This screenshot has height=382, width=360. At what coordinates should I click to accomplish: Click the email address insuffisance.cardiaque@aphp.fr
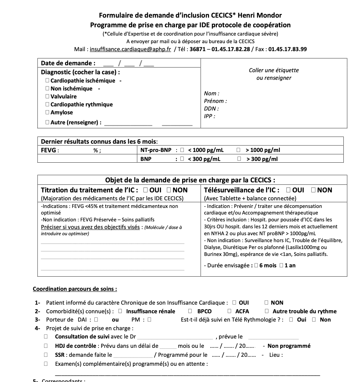point(130,49)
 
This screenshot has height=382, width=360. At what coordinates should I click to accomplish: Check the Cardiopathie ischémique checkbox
point(47,80)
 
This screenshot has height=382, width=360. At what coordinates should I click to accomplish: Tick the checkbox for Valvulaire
point(47,96)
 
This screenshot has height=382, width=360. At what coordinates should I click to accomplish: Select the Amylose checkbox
point(47,112)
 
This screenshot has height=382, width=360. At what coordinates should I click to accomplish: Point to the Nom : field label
point(211,93)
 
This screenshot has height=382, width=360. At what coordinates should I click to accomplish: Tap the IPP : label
point(209,116)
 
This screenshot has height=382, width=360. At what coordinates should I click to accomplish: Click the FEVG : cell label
point(50,150)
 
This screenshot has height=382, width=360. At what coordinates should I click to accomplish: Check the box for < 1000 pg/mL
point(182,150)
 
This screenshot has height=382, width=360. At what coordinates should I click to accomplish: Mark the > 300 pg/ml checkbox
point(239,159)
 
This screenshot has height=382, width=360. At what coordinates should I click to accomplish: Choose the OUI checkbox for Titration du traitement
point(145,190)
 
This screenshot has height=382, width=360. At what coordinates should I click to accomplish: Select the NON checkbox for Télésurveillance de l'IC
point(313,190)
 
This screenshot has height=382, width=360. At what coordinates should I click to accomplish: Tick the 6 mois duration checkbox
point(256,266)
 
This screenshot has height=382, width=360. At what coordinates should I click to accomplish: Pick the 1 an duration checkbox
point(281,266)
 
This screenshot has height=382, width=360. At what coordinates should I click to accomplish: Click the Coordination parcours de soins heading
point(75,289)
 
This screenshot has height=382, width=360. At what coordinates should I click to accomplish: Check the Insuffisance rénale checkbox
point(120,311)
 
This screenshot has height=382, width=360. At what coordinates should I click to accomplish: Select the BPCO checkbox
point(190,311)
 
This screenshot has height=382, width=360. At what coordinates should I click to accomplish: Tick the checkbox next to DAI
point(96,319)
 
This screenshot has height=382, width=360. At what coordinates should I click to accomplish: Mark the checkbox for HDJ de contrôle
point(46,346)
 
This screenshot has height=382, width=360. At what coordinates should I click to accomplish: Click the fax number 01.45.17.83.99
point(287,49)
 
